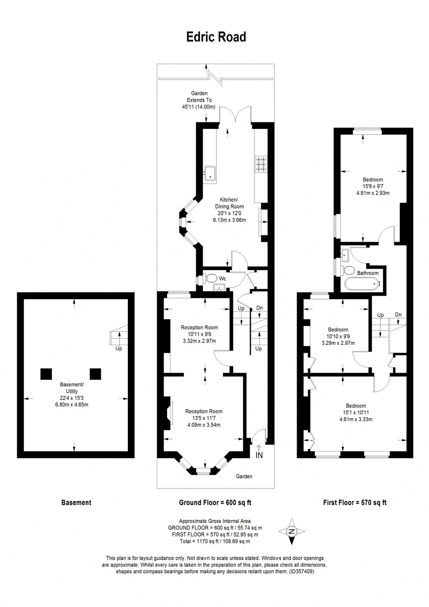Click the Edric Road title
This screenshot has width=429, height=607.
(216, 37)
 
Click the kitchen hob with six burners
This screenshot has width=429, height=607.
(261, 164)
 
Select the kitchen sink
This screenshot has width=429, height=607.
(210, 174)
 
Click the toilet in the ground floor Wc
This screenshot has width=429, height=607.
(211, 278)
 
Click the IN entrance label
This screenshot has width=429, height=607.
(259, 455)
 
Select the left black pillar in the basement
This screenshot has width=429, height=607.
(46, 374)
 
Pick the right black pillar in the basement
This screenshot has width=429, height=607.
(96, 374)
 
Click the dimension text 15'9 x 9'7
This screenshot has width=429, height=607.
(372, 186)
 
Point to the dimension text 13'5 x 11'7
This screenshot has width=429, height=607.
(204, 418)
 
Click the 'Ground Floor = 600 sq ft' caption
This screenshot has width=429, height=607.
(215, 503)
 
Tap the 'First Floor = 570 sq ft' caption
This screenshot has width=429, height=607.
(355, 503)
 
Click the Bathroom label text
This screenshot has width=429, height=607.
(368, 273)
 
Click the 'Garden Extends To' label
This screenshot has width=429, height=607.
(199, 97)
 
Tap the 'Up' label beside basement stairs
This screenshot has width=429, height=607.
(119, 349)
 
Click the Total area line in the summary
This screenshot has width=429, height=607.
(215, 541)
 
